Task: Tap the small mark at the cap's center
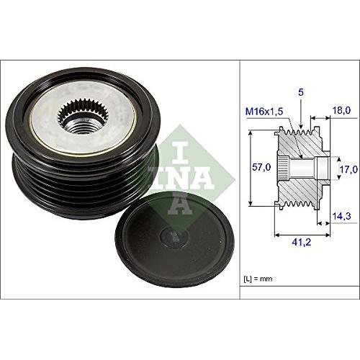[170, 235]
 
